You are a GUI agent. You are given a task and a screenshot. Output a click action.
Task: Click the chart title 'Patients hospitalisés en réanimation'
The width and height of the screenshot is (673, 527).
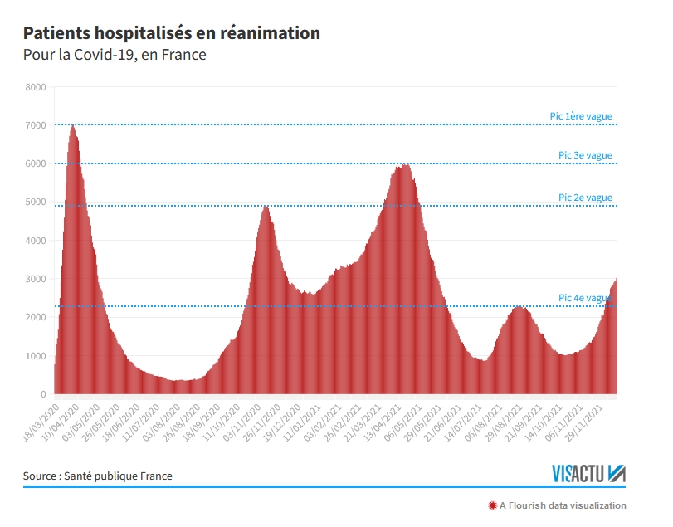[x=171, y=33]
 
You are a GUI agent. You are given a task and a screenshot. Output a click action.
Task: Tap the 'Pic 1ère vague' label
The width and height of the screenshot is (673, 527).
[x=581, y=116]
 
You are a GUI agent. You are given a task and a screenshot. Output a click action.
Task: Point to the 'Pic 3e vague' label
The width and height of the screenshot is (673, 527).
[x=585, y=155]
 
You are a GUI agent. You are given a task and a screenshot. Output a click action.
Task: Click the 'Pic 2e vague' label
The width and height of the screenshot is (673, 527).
[x=585, y=198]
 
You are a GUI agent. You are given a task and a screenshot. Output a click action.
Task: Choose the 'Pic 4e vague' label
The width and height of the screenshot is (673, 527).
[x=585, y=298]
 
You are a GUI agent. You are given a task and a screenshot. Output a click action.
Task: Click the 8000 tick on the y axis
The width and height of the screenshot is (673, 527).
[x=36, y=87]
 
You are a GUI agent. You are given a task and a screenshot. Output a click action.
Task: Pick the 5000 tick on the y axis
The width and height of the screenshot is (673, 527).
[x=36, y=203]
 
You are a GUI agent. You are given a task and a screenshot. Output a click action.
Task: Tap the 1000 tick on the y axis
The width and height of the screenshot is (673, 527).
[x=36, y=356]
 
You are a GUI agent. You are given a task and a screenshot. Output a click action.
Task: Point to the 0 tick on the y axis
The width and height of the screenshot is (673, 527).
[x=43, y=395]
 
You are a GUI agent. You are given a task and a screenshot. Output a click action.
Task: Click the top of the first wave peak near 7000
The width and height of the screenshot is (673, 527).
[x=72, y=126]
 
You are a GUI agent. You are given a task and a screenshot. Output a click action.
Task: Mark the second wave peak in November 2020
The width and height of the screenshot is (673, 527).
[x=265, y=207]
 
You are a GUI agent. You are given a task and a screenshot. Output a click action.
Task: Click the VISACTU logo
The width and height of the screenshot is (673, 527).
[x=588, y=474]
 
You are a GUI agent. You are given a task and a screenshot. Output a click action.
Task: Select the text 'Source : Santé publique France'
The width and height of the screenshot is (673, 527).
[x=97, y=476]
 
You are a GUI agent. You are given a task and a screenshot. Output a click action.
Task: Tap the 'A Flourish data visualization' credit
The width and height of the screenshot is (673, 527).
[x=562, y=505]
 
